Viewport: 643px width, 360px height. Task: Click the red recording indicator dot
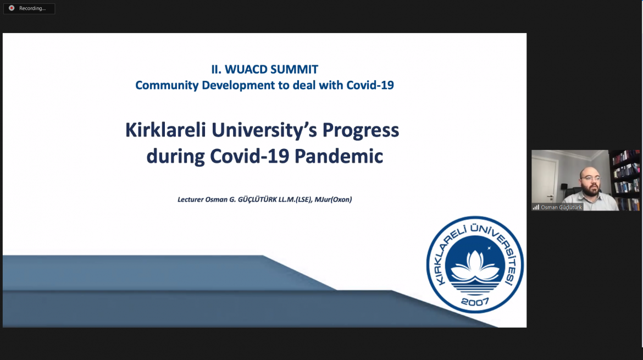click(12, 8)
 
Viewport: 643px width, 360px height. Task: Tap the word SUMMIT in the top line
click(295, 69)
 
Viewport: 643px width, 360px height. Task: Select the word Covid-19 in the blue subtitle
click(370, 85)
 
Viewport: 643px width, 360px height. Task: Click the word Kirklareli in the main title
click(165, 130)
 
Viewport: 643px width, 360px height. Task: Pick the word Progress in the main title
click(361, 131)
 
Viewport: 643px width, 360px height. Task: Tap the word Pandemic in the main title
click(339, 156)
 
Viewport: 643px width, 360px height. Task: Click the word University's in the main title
click(264, 131)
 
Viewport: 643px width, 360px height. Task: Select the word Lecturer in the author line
click(190, 200)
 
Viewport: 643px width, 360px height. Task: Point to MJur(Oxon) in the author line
click(333, 200)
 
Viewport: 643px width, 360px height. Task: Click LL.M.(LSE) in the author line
click(295, 200)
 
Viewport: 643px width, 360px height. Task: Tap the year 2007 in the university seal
click(475, 302)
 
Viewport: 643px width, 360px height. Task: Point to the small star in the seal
click(489, 248)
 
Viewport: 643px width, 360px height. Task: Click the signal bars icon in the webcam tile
click(536, 207)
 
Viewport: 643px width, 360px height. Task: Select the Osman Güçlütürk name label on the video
click(561, 207)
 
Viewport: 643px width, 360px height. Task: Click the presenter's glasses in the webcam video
click(590, 179)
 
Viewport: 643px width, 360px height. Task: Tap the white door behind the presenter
click(545, 180)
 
